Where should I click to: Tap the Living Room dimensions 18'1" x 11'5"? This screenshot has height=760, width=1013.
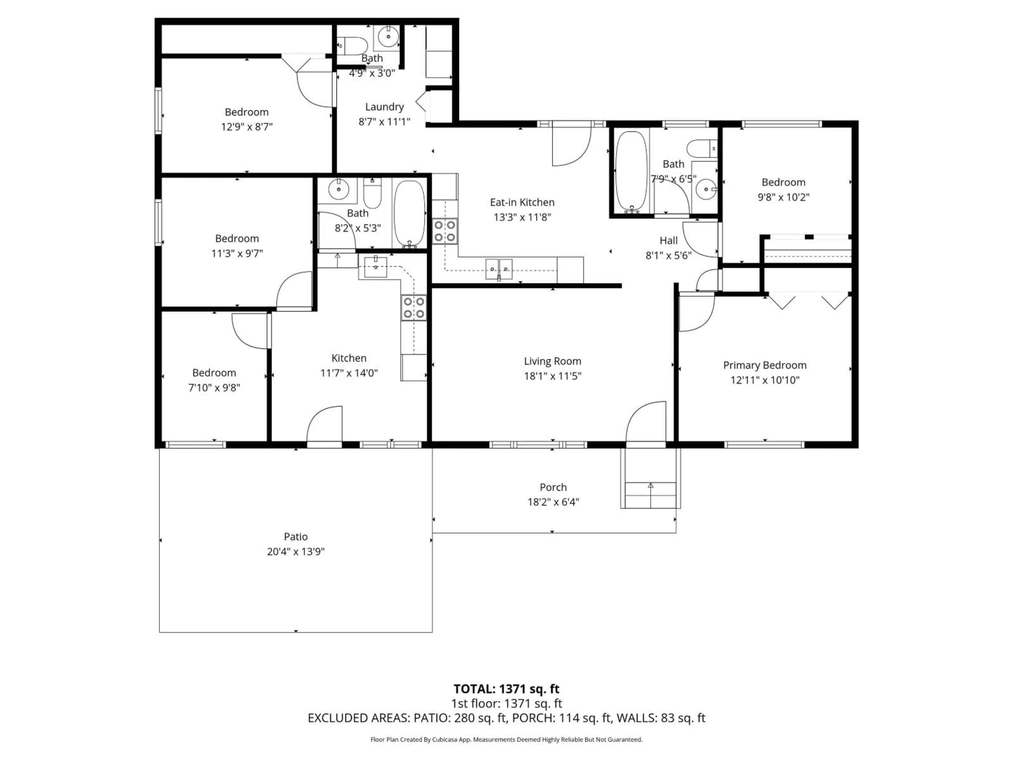(x=552, y=376)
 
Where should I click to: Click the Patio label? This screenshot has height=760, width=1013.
(x=295, y=536)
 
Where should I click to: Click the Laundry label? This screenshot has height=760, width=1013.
(x=384, y=107)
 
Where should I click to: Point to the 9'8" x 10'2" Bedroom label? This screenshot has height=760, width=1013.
(x=783, y=182)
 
